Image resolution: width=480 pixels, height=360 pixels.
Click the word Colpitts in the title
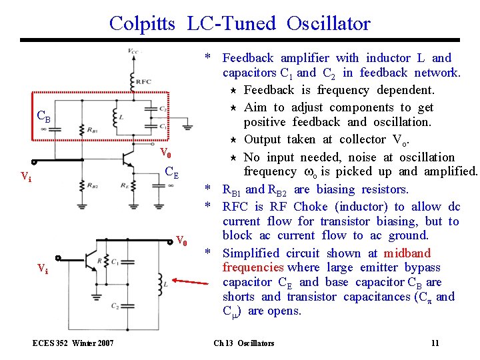142,24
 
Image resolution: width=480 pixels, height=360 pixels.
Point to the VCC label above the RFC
133,51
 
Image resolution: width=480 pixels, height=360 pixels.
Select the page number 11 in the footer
435,343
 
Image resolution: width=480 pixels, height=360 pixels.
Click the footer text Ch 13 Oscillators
243,343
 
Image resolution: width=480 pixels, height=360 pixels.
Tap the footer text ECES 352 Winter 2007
73,343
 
